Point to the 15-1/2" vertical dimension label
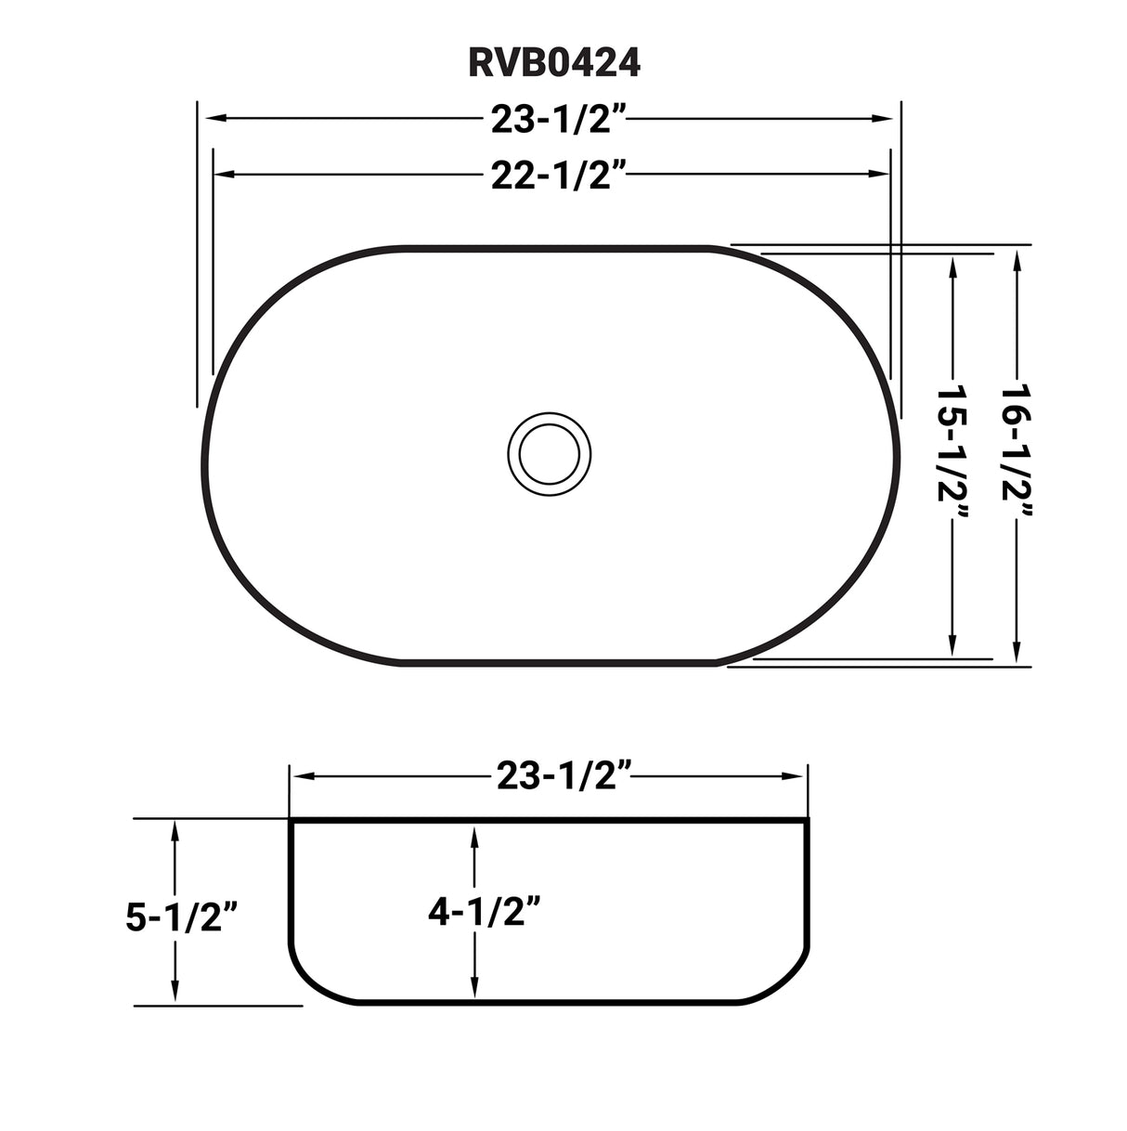952,458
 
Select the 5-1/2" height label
184,917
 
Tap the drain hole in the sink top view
554,455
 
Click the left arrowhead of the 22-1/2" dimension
220,174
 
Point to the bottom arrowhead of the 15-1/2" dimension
952,651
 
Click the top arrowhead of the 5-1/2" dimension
175,828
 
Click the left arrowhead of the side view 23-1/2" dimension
299,775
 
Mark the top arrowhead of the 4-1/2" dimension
474,834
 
